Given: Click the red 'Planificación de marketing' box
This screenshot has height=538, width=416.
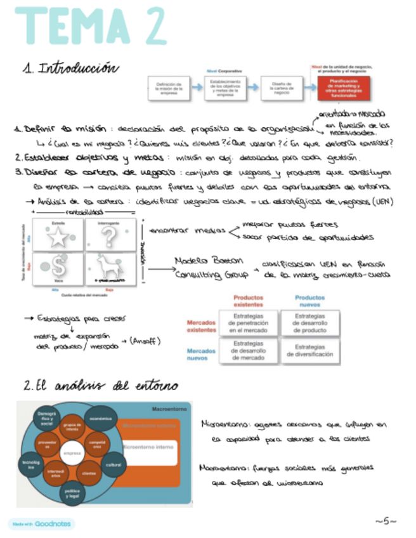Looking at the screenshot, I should click(343, 88).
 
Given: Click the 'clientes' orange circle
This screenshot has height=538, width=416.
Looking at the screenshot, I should click(89, 473).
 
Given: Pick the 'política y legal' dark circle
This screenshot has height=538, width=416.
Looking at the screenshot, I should click(72, 493).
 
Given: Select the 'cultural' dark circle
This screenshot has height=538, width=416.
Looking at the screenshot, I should click(114, 464).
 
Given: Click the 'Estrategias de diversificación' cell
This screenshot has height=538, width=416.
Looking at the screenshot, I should click(309, 351).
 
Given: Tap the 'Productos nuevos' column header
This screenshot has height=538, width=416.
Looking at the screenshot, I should click(310, 300).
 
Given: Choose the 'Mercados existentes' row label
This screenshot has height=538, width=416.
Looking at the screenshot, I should click(202, 325).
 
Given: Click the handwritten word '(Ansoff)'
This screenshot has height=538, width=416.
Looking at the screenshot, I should click(146, 341).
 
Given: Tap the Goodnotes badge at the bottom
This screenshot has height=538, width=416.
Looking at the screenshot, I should click(41, 524).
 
